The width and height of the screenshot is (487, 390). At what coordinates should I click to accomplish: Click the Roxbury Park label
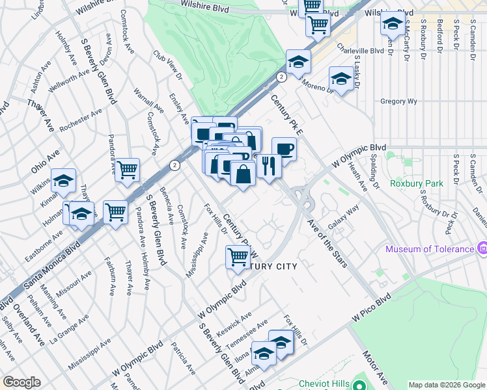pyautogui.click(x=417, y=183)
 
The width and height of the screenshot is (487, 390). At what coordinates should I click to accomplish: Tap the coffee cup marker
pyautogui.click(x=284, y=149)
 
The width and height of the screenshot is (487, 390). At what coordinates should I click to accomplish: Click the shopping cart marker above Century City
pyautogui.click(x=238, y=257)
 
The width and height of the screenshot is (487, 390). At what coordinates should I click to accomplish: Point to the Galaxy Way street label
pyautogui.click(x=343, y=218)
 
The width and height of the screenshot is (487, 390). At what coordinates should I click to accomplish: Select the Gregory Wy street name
pyautogui.click(x=398, y=101)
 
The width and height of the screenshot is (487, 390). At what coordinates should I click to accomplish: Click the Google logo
pyautogui.click(x=21, y=382)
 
